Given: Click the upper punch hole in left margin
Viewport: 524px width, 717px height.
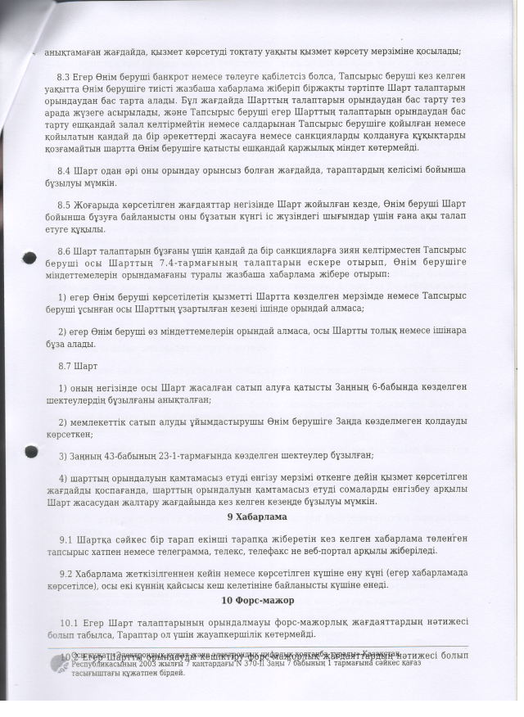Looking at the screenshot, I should click(x=29, y=259).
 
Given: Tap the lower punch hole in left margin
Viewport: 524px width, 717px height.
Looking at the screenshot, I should click(x=30, y=454).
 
